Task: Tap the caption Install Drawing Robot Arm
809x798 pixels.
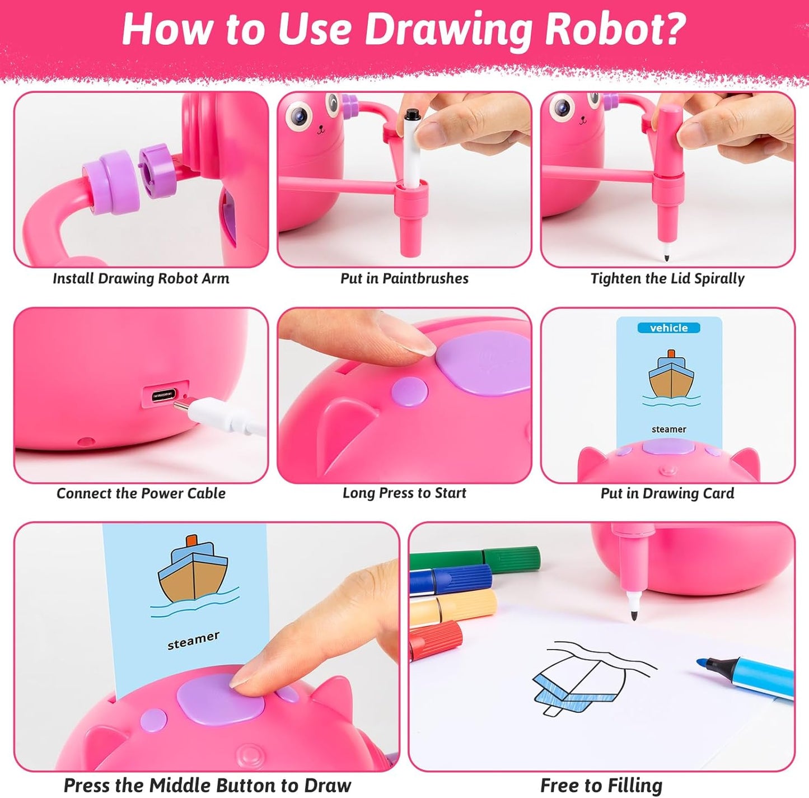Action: click(x=141, y=278)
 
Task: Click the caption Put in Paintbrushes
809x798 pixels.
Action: click(x=404, y=278)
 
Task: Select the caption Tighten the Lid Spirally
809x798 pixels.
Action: click(x=667, y=278)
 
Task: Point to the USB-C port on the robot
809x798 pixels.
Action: click(x=163, y=396)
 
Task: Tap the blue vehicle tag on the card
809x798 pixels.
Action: click(x=668, y=328)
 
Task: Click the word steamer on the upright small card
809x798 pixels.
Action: click(x=668, y=430)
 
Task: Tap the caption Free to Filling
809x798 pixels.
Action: click(x=601, y=785)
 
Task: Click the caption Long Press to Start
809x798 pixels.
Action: click(x=404, y=493)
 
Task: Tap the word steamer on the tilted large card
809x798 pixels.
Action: click(x=193, y=641)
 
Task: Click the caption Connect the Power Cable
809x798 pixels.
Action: click(x=141, y=493)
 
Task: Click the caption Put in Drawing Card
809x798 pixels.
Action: click(x=667, y=493)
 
